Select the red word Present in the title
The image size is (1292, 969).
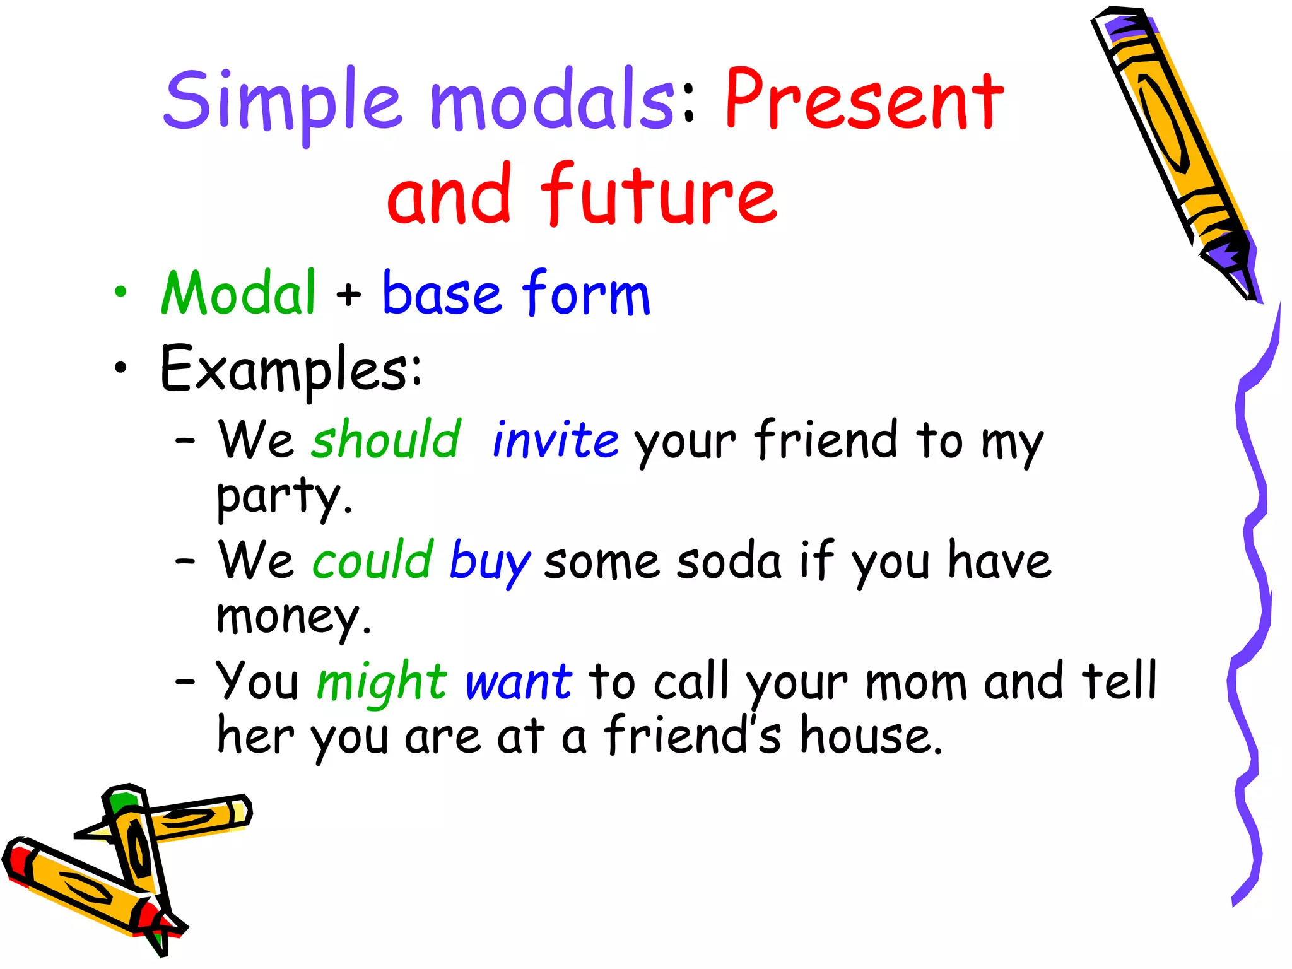864,101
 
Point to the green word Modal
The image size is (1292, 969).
238,293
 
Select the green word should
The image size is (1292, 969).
386,439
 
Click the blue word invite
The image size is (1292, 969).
555,439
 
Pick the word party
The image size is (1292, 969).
284,497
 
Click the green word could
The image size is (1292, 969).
373,560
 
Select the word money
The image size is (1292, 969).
293,617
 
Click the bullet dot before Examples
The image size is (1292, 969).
120,367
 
